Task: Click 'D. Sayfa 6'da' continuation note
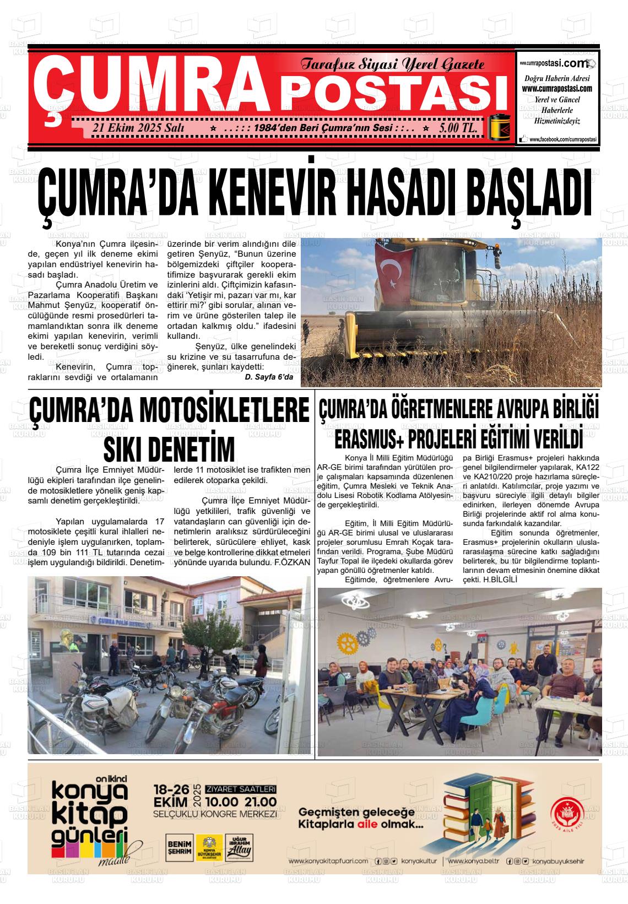tap(269, 377)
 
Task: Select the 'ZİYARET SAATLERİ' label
tap(240, 789)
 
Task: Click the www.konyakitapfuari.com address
tap(327, 860)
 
